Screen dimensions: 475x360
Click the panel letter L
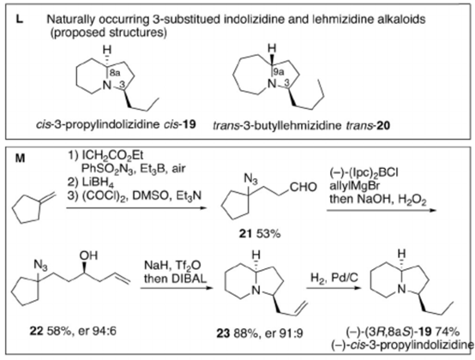point(19,20)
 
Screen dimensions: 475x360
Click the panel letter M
point(20,158)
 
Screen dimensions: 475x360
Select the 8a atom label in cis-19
point(115,73)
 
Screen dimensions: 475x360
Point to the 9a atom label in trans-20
point(279,71)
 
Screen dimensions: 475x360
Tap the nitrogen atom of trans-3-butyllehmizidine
point(273,83)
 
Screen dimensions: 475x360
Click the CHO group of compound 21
point(304,187)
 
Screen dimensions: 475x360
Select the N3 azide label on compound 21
point(250,180)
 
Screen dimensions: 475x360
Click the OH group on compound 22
point(88,255)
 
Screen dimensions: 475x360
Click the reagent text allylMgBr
point(354,186)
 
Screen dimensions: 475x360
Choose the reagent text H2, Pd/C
point(334,278)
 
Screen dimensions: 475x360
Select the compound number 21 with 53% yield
point(260,233)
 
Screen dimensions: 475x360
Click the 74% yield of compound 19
point(448,332)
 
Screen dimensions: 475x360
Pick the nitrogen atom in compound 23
point(256,290)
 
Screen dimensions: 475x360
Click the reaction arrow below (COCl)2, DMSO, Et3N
point(136,208)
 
